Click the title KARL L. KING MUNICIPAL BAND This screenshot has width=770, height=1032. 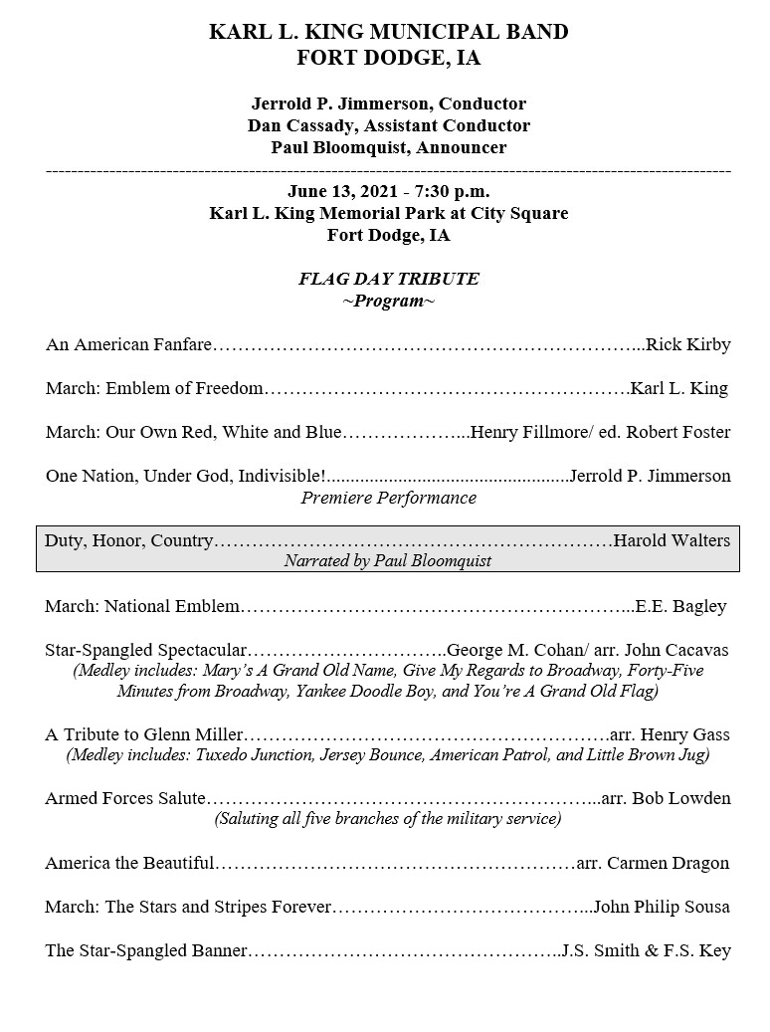click(388, 33)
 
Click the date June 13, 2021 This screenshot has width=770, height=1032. click(333, 191)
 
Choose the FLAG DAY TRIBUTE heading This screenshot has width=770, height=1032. click(388, 279)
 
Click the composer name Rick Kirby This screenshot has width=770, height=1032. click(688, 345)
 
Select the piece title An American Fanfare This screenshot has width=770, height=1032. click(128, 345)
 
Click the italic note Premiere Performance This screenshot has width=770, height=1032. click(388, 498)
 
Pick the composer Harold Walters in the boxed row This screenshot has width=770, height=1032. click(672, 540)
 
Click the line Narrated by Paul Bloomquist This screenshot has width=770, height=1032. click(388, 561)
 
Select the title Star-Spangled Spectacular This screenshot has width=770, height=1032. click(145, 650)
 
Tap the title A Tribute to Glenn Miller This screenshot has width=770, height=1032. click(143, 734)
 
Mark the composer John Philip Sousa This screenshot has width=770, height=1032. click(665, 907)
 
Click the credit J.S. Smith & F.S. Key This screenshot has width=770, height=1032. click(646, 950)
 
